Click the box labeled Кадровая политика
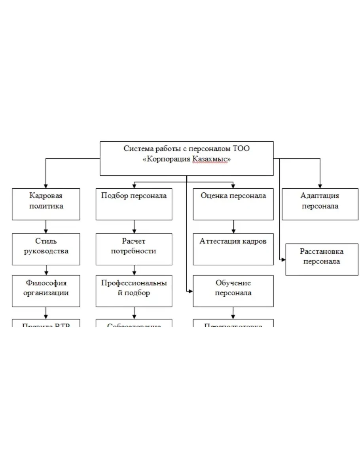(46, 204)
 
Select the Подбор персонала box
(134, 204)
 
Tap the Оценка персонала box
(233, 204)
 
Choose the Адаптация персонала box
(320, 204)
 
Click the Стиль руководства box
(46, 249)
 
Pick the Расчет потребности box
(134, 249)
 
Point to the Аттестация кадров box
(233, 249)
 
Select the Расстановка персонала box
(322, 260)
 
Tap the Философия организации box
(46, 291)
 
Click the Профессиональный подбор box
(134, 291)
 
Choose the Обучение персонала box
(233, 291)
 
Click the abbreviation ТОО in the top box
(242, 149)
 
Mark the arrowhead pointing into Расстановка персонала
(283, 260)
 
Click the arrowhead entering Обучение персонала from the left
(191, 291)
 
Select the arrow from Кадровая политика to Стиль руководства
(46, 227)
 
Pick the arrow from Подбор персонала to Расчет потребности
(134, 227)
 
